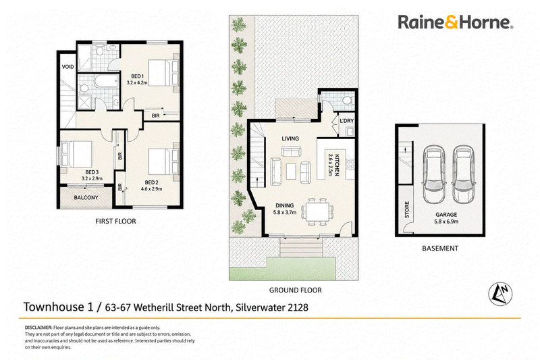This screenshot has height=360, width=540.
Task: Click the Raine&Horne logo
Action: pyautogui.click(x=455, y=22)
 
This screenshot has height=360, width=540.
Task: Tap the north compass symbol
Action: pyautogui.click(x=500, y=294)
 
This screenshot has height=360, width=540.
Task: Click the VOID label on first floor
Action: pyautogui.click(x=68, y=66)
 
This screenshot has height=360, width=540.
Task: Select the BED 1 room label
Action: pyautogui.click(x=137, y=76)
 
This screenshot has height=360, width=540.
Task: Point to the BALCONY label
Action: pyautogui.click(x=86, y=197)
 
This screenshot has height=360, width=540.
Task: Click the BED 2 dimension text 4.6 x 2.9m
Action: pyautogui.click(x=151, y=189)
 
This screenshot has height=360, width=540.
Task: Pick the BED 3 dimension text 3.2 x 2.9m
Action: pyautogui.click(x=92, y=178)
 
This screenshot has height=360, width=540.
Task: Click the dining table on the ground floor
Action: pyautogui.click(x=317, y=211)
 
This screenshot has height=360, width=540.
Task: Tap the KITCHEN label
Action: pyautogui.click(x=337, y=165)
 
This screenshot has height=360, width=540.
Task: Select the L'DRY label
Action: pyautogui.click(x=346, y=121)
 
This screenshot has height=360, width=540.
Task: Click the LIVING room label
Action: pyautogui.click(x=290, y=138)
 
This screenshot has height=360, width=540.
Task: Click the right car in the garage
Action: pyautogui.click(x=464, y=174)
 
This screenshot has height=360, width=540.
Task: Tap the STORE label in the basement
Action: pyautogui.click(x=407, y=209)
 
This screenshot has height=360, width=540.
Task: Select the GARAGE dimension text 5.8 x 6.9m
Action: pyautogui.click(x=446, y=221)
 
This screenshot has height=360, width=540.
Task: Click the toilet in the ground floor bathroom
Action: pyautogui.click(x=347, y=100)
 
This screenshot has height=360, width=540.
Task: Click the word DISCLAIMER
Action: pyautogui.click(x=38, y=328)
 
